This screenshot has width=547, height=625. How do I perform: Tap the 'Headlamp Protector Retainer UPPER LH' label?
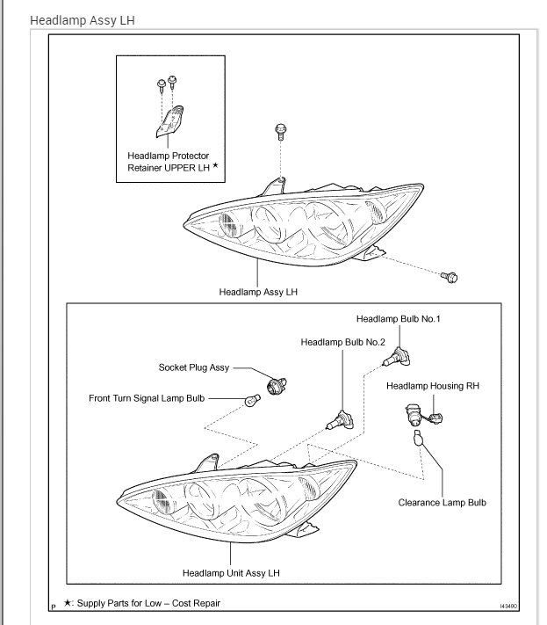pos(170,161)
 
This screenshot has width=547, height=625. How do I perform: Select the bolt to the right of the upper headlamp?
pos(450,277)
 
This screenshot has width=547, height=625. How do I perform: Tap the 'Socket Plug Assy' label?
pos(194,367)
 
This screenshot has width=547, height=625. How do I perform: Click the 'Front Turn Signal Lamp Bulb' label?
pos(147,398)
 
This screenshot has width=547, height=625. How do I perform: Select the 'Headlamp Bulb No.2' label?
pos(342,341)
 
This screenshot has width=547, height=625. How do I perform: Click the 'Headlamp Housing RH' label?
pos(432,385)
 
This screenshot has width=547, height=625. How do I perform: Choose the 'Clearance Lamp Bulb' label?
pos(442,503)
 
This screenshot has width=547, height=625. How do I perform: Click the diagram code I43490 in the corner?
pos(508,606)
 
